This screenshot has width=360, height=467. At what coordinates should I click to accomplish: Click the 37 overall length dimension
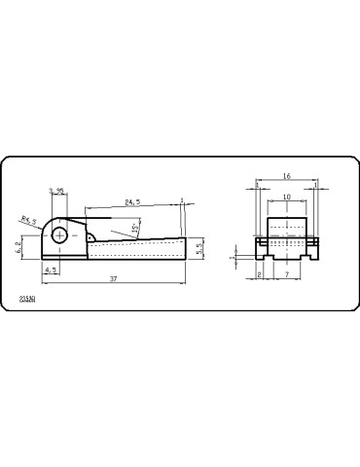point(114,279)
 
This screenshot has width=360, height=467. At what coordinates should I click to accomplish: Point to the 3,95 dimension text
point(58,192)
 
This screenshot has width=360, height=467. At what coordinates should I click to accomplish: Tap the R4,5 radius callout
point(27,222)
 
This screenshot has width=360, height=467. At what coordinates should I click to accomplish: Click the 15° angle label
point(133,229)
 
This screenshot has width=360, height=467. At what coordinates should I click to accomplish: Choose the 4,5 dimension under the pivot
point(51,269)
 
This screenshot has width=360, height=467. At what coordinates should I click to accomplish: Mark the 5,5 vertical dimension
point(198,248)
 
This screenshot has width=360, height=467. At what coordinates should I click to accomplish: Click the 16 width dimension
point(286,177)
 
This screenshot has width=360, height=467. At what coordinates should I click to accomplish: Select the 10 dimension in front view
point(285,197)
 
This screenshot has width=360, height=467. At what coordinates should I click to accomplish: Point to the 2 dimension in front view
point(260,275)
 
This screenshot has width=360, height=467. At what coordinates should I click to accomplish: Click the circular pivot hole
point(62,234)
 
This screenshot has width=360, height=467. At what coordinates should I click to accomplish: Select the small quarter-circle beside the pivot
point(90,235)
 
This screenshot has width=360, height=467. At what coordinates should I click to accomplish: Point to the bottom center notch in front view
point(285,258)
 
